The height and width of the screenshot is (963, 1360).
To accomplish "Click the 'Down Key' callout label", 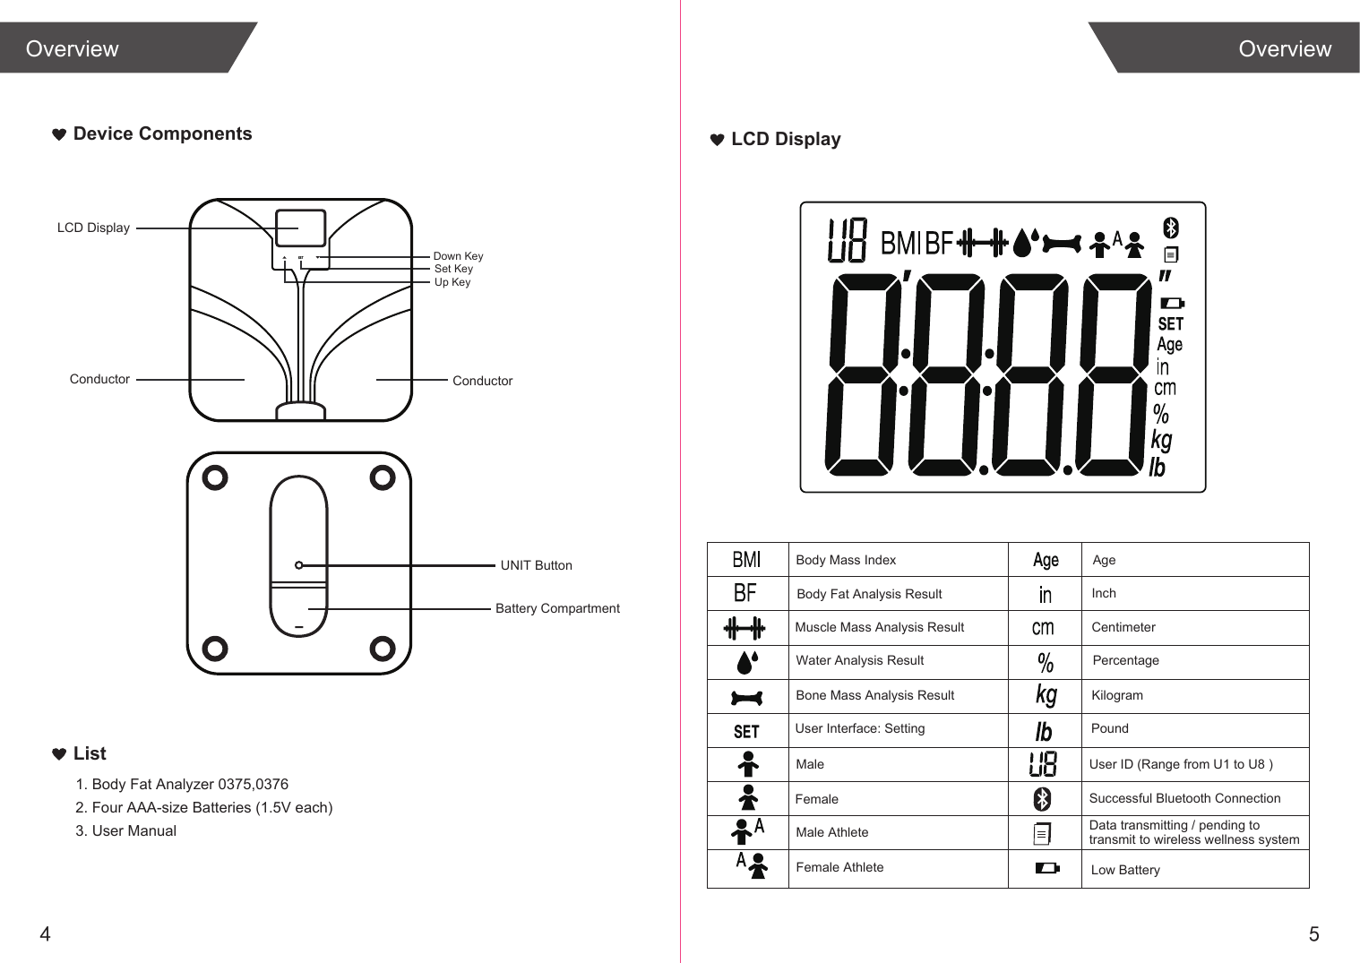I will [x=458, y=256].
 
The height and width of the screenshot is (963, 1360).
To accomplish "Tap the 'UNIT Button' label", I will [x=536, y=565].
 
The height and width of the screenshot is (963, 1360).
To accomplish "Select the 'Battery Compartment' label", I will [x=557, y=608].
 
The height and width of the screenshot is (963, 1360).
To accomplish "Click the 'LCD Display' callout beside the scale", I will [x=93, y=228].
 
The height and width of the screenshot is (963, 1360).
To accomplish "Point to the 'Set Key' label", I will [x=453, y=269].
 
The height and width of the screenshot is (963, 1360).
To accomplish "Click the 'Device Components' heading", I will [x=162, y=133].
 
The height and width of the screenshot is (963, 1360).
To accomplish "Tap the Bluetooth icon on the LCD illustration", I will [x=1170, y=228].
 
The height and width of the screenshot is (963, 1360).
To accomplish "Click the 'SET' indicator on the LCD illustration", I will [x=1170, y=323].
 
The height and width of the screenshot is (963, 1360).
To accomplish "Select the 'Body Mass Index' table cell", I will [x=846, y=560].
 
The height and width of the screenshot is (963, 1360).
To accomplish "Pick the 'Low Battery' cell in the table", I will [x=1125, y=870].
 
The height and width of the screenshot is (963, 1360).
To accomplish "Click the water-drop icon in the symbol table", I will [x=746, y=662].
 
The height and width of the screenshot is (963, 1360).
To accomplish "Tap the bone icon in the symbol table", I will [x=746, y=697].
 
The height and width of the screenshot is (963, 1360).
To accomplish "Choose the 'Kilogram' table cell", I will [x=1117, y=695].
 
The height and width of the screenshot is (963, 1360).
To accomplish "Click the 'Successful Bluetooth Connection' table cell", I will [x=1184, y=798].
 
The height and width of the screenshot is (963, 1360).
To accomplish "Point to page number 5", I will [x=1313, y=934].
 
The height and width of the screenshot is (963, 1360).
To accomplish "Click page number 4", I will [x=45, y=934].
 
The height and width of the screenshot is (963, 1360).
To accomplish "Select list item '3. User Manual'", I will [x=126, y=830].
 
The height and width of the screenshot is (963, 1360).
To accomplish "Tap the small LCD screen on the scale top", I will [x=300, y=228].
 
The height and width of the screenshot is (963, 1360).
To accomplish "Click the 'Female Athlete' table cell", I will [x=839, y=867].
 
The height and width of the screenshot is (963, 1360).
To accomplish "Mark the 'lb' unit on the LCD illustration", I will [x=1158, y=468].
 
